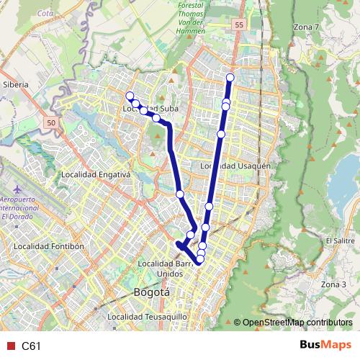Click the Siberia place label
tap(15, 84)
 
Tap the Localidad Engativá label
tap(95, 174)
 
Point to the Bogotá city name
tap(152, 292)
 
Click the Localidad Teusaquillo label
tap(147, 317)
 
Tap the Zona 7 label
tap(306, 27)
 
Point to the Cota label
tap(45, 14)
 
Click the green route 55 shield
tap(238, 24)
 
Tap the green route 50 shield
tap(50, 124)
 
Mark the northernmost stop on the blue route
tap(230, 78)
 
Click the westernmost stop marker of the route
tap(130, 96)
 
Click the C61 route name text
tap(31, 346)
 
